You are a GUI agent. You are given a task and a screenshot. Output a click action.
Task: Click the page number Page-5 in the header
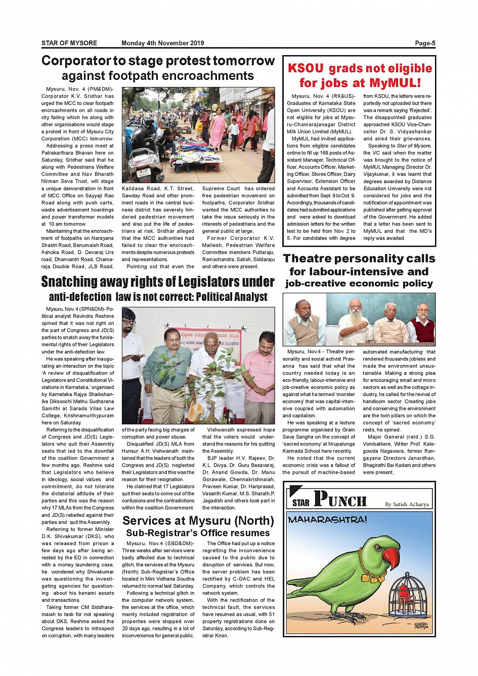click(425, 43)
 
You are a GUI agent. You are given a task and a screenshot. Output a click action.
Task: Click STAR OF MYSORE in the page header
click(69, 43)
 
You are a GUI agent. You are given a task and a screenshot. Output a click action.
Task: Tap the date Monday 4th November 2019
click(162, 43)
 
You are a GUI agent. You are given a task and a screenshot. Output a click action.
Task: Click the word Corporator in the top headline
click(76, 61)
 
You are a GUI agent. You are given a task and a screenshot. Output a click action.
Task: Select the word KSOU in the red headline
click(306, 69)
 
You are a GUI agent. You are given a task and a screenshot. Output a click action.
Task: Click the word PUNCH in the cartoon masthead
click(340, 499)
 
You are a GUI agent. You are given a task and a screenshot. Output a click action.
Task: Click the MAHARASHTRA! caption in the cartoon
click(327, 520)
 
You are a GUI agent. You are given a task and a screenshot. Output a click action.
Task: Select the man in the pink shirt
click(259, 367)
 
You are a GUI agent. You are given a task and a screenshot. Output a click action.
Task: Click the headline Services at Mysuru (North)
click(198, 521)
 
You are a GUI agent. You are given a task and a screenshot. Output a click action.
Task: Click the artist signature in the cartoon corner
click(421, 626)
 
